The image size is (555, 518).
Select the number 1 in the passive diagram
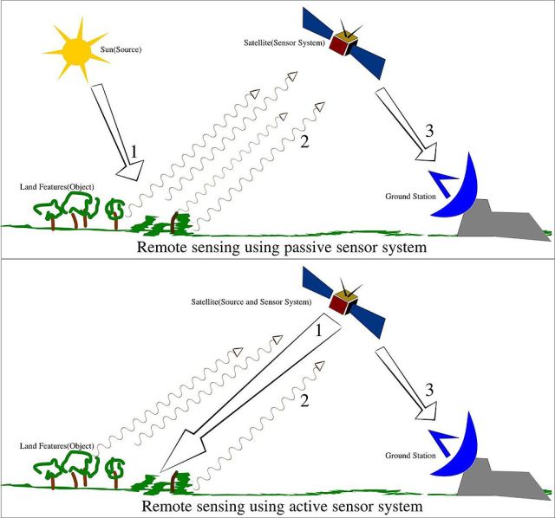point(134,152)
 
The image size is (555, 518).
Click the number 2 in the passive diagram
point(304,143)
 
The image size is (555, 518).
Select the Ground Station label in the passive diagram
point(410,197)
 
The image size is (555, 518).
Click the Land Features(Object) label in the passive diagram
point(56,187)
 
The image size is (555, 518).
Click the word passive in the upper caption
point(335,247)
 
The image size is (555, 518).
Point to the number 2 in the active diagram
point(304,401)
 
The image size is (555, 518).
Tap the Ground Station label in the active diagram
point(410,455)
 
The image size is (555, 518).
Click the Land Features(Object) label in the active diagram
point(56,446)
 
